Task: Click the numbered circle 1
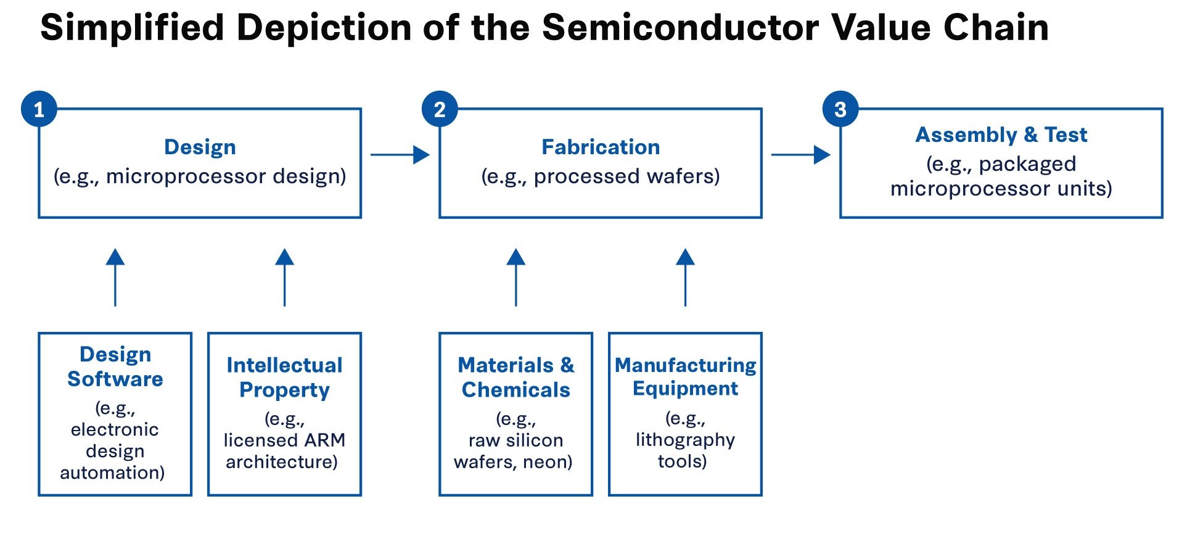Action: [x=39, y=109]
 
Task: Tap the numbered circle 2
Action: [x=440, y=109]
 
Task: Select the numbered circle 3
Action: [x=840, y=109]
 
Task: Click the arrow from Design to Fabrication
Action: [x=400, y=155]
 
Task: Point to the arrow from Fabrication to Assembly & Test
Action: [x=800, y=155]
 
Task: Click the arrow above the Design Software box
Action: [x=115, y=277]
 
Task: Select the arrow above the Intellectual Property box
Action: [x=284, y=277]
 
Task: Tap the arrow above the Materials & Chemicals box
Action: [x=516, y=277]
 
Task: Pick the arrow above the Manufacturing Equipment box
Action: [x=685, y=277]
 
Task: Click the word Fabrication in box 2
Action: [x=601, y=147]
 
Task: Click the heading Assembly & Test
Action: [x=1001, y=134]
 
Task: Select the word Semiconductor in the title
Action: [x=680, y=28]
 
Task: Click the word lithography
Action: [x=685, y=440]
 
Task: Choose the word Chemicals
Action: [x=516, y=390]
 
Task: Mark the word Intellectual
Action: [x=284, y=365]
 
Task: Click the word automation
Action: [x=112, y=473]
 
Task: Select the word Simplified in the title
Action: [x=131, y=28]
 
